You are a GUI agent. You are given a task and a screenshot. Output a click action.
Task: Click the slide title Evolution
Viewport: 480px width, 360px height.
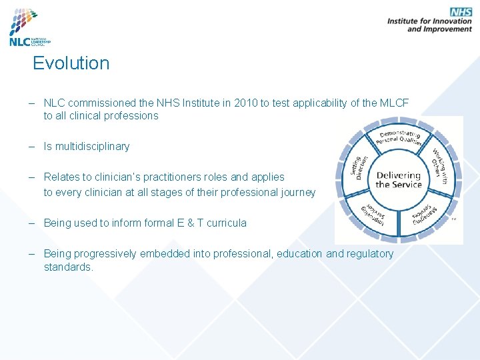71,63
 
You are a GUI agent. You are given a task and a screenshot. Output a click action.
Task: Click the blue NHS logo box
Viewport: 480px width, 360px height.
461,11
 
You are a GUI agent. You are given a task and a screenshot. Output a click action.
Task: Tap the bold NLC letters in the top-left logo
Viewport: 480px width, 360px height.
19,41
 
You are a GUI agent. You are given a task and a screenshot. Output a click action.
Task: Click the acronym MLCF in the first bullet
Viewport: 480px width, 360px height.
393,103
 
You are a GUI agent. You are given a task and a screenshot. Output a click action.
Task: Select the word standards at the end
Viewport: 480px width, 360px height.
69,267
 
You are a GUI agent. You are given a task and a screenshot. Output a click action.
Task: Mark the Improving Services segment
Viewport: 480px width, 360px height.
374,213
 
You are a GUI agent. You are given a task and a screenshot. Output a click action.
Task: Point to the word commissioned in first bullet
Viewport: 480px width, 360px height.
96,103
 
